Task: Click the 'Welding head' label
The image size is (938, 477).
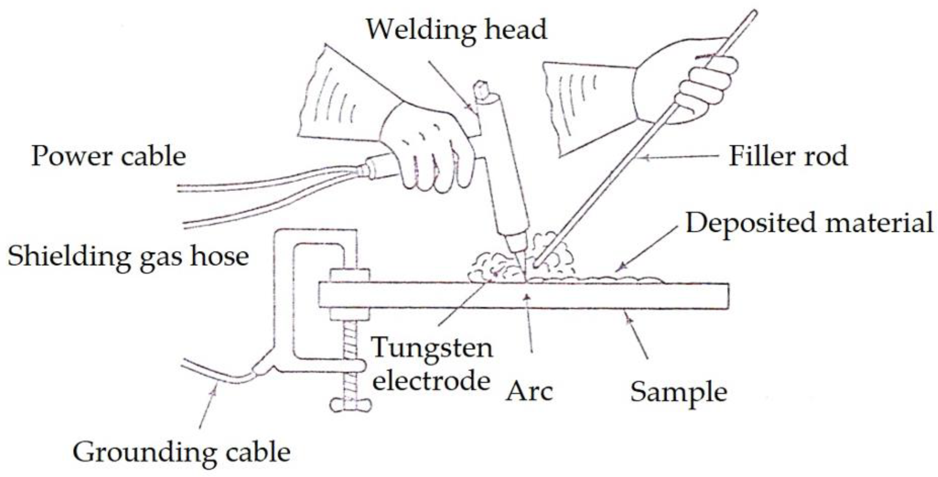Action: [456, 30]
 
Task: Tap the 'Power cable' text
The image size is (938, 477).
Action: [109, 156]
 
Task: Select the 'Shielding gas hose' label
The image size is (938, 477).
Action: [128, 257]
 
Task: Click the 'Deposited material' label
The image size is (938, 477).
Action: [809, 223]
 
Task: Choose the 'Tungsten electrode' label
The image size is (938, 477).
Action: [432, 364]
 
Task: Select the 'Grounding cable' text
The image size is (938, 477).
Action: [181, 452]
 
